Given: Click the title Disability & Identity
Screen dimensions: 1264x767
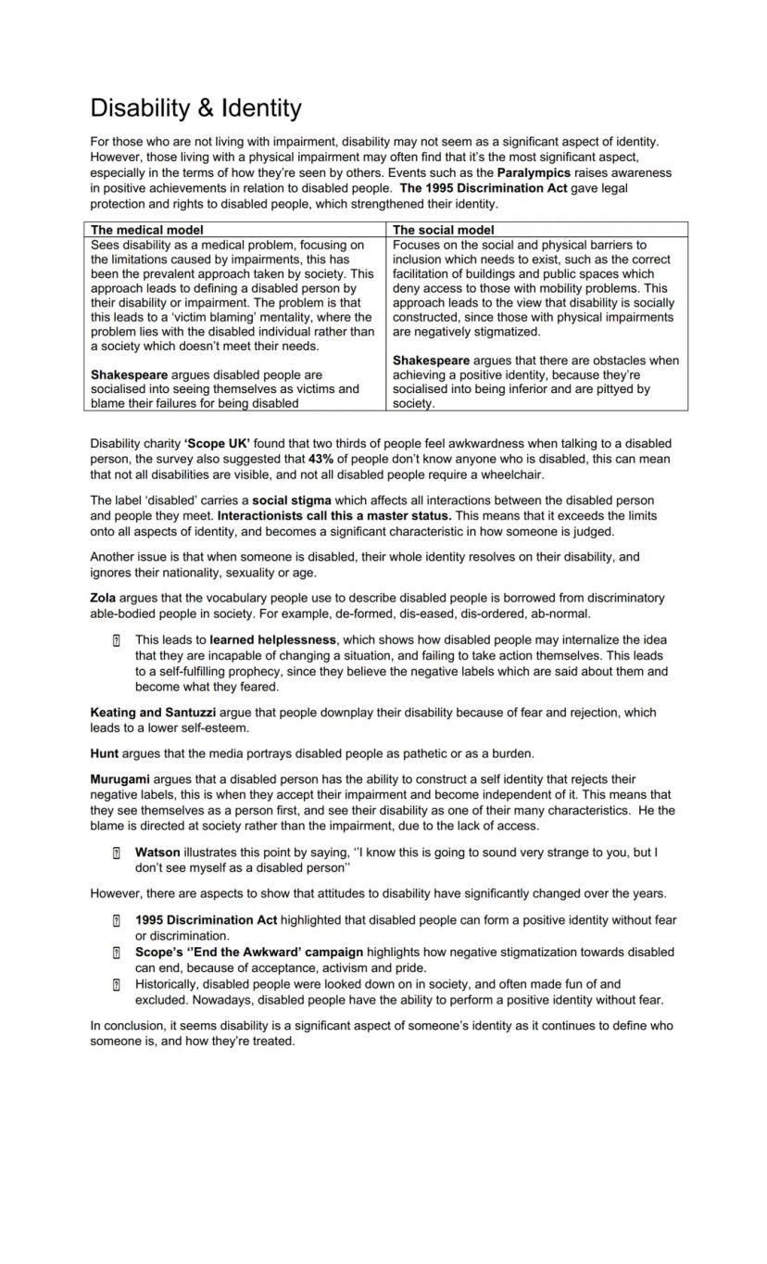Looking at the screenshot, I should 195,108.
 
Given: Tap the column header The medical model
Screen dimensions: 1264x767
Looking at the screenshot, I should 147,230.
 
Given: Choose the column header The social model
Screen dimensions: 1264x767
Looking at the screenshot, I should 444,230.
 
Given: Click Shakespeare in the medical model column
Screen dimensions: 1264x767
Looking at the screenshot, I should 129,375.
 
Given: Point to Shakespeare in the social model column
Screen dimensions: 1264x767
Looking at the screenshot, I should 431,360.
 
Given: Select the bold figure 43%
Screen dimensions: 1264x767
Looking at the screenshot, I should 321,459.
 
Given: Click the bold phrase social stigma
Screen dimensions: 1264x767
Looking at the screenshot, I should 292,500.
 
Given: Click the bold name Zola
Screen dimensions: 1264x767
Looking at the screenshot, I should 103,599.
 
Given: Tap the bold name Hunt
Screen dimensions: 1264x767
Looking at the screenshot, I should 104,753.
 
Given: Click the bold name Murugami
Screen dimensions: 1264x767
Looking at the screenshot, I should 119,780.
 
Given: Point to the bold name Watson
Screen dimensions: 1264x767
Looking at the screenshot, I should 157,852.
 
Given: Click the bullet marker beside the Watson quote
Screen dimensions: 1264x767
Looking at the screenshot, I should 116,853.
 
